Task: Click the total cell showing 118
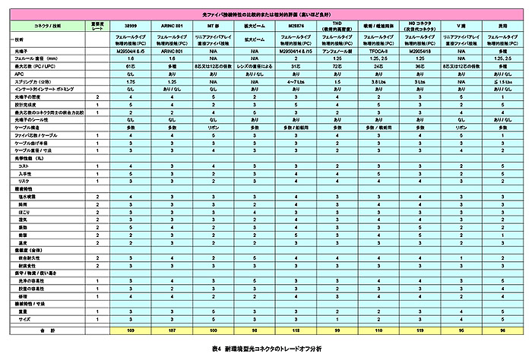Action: (x=296, y=331)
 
